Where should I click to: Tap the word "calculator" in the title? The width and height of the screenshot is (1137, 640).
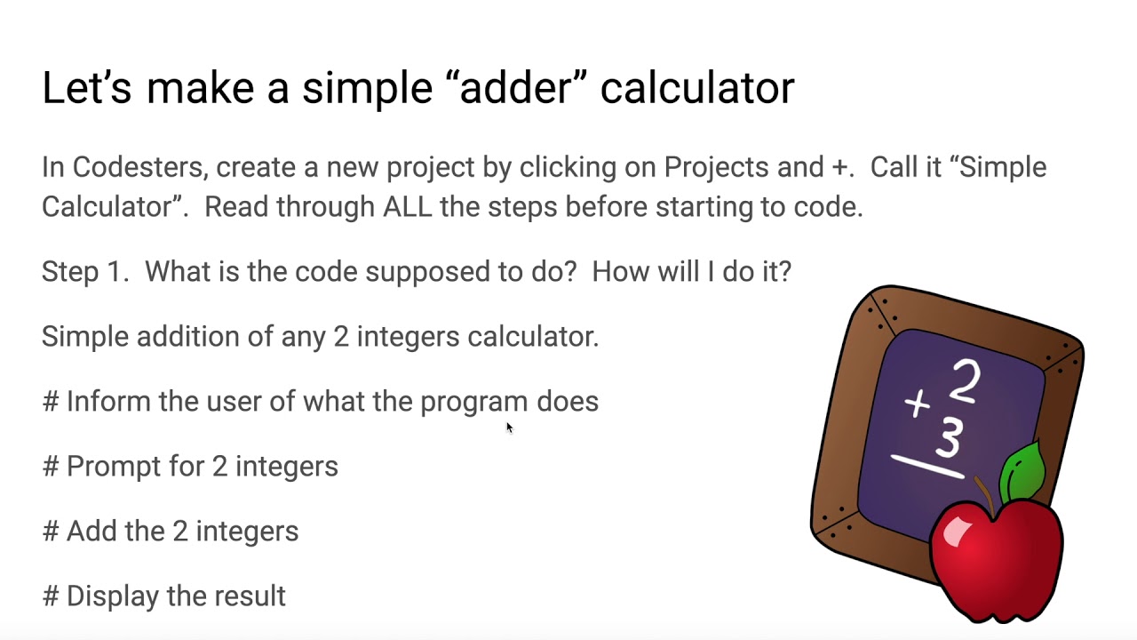pyautogui.click(x=696, y=88)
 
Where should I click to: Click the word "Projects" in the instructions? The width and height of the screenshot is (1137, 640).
pyautogui.click(x=717, y=167)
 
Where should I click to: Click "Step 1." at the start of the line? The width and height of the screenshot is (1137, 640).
pyautogui.click(x=85, y=271)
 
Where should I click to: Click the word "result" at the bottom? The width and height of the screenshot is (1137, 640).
pyautogui.click(x=249, y=596)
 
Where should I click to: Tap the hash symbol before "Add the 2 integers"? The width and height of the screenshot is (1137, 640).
pyautogui.click(x=50, y=531)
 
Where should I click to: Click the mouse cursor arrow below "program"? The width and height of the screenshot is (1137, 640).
pyautogui.click(x=510, y=428)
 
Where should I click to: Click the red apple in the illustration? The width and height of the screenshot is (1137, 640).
pyautogui.click(x=995, y=556)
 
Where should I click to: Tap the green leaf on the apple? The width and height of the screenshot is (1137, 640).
pyautogui.click(x=1022, y=469)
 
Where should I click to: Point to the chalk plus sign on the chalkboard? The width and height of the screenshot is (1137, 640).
pyautogui.click(x=917, y=404)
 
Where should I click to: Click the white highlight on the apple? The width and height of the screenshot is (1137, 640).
pyautogui.click(x=958, y=531)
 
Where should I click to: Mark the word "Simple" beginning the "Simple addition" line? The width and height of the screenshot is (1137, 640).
pyautogui.click(x=85, y=336)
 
